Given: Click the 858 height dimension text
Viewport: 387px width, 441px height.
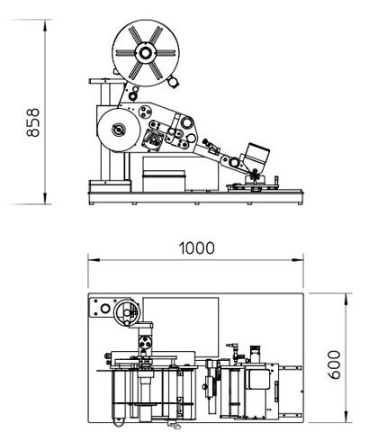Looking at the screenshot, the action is click(x=33, y=122).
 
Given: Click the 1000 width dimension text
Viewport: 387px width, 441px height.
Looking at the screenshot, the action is click(x=196, y=248).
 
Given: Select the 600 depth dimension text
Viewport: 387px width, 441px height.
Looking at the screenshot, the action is click(x=334, y=364).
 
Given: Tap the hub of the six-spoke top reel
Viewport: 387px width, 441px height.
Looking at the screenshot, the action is click(x=146, y=53).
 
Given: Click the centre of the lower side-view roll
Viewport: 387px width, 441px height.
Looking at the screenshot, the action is click(x=119, y=130).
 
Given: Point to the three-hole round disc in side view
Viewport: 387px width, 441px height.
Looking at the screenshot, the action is click(x=145, y=112).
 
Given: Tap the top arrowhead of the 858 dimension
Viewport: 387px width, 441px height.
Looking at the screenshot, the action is click(x=45, y=25).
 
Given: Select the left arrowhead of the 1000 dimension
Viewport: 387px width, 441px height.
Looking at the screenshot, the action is click(x=94, y=260).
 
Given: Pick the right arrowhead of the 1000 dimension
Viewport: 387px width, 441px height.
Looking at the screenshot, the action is click(x=297, y=260).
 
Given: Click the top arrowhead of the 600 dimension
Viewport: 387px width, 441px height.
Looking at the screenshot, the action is click(x=346, y=299).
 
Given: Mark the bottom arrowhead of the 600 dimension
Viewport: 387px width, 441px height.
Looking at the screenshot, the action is click(x=346, y=417).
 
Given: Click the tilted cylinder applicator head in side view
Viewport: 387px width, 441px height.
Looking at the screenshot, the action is click(x=256, y=157).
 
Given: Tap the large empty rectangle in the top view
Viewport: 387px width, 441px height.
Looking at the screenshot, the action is click(x=181, y=327).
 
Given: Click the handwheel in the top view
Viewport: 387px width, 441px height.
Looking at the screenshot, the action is click(x=127, y=312).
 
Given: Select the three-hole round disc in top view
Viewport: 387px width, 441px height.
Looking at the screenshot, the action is click(x=145, y=342).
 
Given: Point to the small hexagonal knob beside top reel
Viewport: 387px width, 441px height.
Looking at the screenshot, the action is click(x=173, y=82).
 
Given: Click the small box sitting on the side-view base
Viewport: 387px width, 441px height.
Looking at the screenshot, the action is click(x=164, y=181).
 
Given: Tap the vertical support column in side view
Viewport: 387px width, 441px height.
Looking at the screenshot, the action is click(x=106, y=132).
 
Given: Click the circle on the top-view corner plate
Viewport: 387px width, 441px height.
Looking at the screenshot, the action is click(x=105, y=309).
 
